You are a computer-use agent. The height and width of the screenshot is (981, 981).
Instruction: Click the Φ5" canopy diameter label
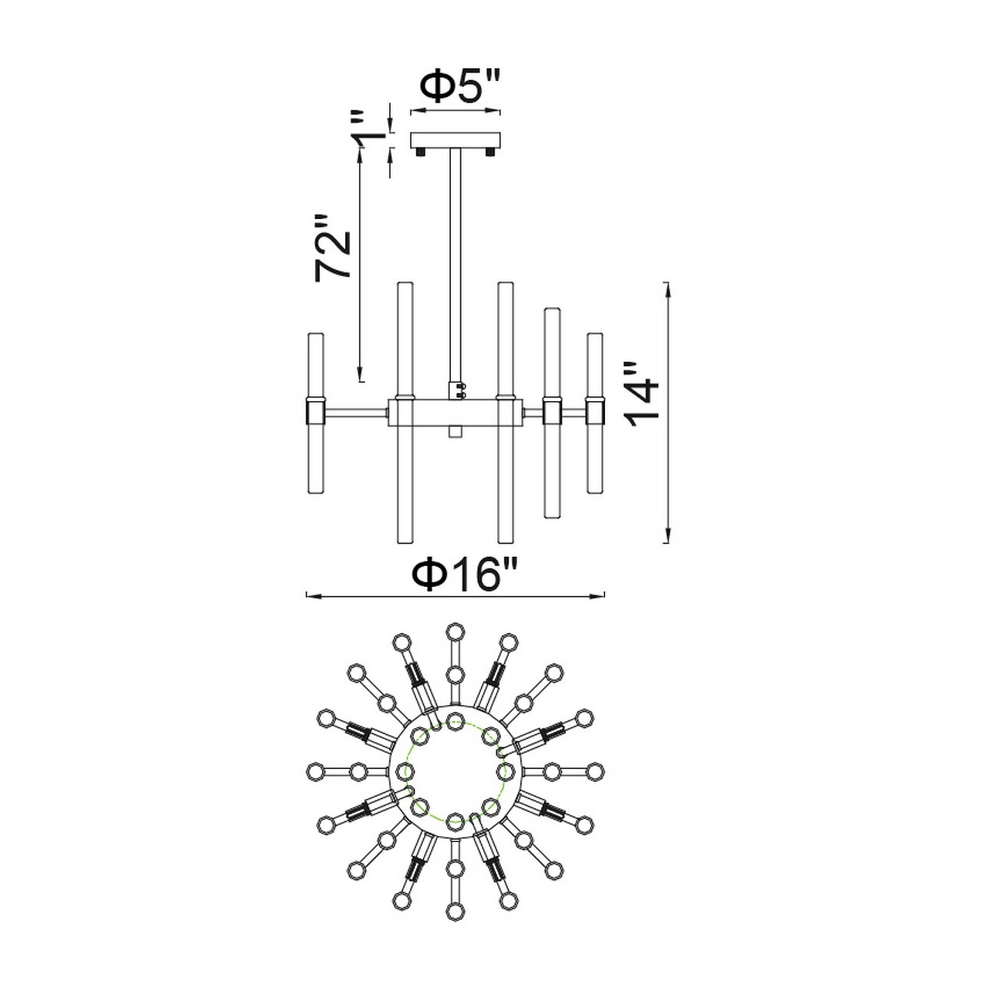pyautogui.click(x=460, y=87)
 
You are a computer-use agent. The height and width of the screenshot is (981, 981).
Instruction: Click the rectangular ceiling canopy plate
pyautogui.click(x=455, y=141)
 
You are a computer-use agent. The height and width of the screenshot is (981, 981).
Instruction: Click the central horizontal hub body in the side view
pyautogui.click(x=455, y=413)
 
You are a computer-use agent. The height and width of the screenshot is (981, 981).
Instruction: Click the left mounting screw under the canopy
pyautogui.click(x=421, y=152)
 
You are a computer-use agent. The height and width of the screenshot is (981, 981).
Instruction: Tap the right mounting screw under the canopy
pyautogui.click(x=490, y=152)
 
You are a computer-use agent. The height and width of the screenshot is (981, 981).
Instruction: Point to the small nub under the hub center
pyautogui.click(x=455, y=432)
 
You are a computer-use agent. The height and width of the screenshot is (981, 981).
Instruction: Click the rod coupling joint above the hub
pyautogui.click(x=457, y=390)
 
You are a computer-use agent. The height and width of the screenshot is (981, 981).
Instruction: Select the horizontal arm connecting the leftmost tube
pyautogui.click(x=356, y=413)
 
